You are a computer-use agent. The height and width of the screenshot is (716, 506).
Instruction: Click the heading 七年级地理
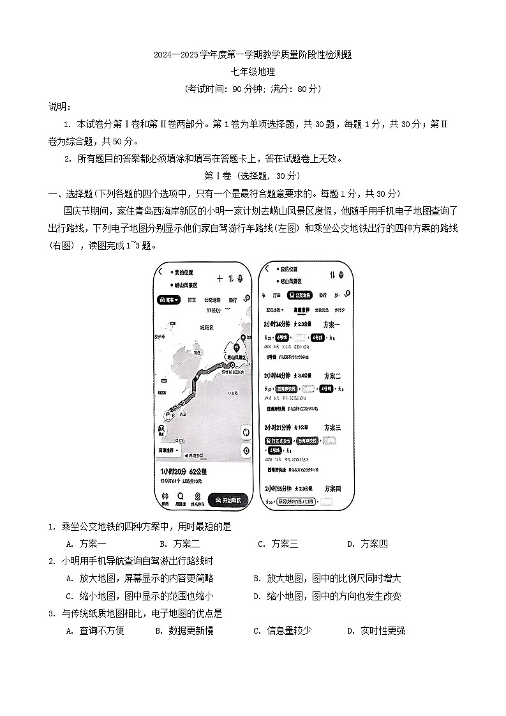click(x=253, y=72)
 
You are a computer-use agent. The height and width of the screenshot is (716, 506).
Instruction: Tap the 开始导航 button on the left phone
click(x=229, y=499)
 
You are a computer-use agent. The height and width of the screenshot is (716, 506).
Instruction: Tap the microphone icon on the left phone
click(x=240, y=278)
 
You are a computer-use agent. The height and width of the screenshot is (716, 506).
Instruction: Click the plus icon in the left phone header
click(x=220, y=278)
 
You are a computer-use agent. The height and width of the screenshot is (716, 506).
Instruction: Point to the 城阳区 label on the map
click(x=207, y=327)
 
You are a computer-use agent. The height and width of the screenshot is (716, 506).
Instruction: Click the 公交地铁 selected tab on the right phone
click(x=299, y=295)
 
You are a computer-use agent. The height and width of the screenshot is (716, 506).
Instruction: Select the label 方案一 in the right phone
click(x=332, y=324)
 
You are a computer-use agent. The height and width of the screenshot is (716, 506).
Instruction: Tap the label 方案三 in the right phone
click(x=333, y=427)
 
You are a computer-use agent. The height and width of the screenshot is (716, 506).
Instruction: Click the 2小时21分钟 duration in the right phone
click(x=277, y=427)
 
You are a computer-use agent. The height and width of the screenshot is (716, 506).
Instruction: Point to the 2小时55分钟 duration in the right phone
click(x=277, y=488)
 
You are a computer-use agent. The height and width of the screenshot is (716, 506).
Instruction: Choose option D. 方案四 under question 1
click(x=367, y=544)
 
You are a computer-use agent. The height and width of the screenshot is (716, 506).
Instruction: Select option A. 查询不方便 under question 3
click(x=95, y=630)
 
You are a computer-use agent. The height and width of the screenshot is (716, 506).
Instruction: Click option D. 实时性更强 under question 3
click(x=376, y=630)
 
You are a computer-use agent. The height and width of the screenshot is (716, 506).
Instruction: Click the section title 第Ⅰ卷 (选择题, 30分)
click(x=253, y=176)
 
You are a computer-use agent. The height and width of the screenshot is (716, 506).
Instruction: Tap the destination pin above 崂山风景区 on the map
click(x=236, y=347)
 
